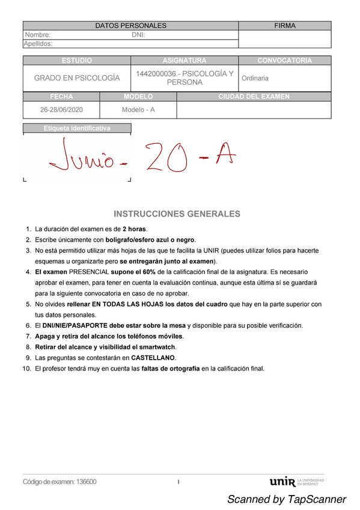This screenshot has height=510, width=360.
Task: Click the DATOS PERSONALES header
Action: pos(131,26)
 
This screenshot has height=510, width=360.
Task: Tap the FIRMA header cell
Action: pos(284,26)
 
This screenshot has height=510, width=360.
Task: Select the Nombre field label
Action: pos(37,35)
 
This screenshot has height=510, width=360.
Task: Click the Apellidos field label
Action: pos(38,43)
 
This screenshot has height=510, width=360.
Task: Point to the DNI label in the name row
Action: pos(138,35)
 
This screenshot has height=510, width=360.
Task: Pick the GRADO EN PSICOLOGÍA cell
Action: pos(77,78)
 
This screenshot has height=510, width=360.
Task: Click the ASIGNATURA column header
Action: pos(184,61)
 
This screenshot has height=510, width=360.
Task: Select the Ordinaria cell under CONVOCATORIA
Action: pos(255,78)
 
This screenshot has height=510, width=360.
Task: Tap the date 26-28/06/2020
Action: pos(61,110)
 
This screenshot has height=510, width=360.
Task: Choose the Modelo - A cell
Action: pos(138,110)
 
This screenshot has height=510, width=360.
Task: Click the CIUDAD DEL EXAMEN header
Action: pos(254,96)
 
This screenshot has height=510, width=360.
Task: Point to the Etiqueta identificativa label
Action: pos(77,128)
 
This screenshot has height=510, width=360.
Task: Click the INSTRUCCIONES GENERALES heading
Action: pos(177,214)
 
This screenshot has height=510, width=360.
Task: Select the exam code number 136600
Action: pos(86,482)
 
